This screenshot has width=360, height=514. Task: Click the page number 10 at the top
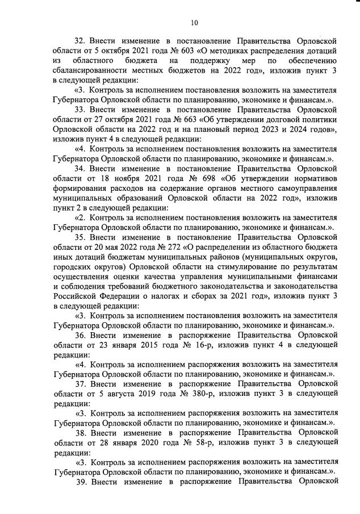[194, 23]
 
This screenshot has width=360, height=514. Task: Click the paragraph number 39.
[81, 482]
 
